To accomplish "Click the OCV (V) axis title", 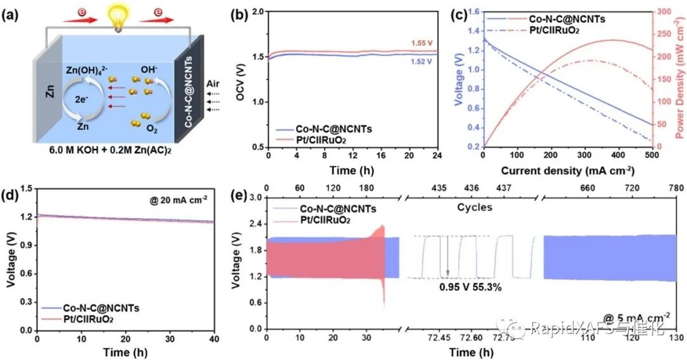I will point(239,78).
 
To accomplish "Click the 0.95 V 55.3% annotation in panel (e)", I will point(471,287).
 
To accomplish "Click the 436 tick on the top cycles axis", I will point(472,189).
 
